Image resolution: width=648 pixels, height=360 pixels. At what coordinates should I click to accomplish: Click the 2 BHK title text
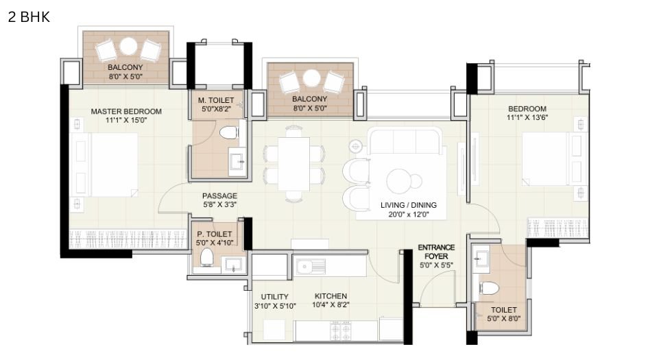tap(29, 17)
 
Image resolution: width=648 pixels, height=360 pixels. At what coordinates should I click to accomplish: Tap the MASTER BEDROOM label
tap(126, 111)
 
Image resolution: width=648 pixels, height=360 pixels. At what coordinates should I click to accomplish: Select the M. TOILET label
tap(215, 100)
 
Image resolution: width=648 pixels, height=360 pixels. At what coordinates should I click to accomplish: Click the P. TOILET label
tap(215, 234)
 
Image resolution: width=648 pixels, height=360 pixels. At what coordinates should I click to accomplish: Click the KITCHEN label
tap(331, 296)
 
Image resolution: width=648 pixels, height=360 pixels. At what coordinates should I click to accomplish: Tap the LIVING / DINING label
tap(408, 205)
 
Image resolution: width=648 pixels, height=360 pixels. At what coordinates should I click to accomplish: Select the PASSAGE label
tap(219, 195)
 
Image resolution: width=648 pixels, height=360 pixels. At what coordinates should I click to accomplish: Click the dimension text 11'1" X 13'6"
tap(527, 118)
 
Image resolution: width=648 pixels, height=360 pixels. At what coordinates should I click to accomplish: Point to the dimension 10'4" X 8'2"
tap(331, 306)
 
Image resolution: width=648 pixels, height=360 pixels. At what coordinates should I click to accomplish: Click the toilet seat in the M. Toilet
tap(230, 131)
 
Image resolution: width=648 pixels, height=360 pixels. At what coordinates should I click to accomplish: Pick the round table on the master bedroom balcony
tap(128, 47)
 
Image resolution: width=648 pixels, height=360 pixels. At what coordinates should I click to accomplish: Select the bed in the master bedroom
tap(113, 165)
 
